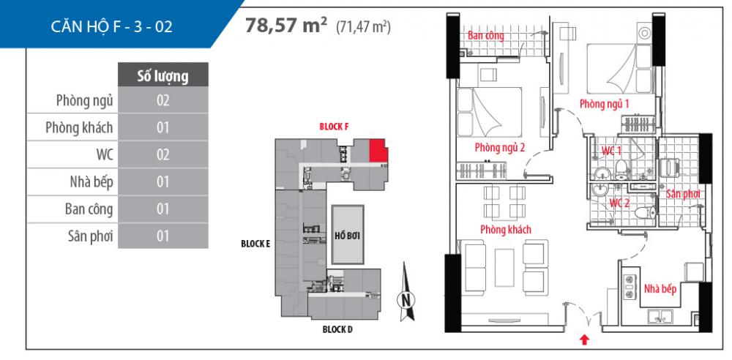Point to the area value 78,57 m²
[x=286, y=26]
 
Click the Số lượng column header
[x=163, y=75]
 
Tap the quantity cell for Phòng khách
[x=163, y=127]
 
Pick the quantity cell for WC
[x=163, y=154]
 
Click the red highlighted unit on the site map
[x=378, y=150]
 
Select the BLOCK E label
[x=255, y=244]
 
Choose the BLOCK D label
[x=337, y=329]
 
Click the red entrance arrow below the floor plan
[x=584, y=339]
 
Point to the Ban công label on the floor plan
[x=485, y=35]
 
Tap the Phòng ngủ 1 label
[x=605, y=105]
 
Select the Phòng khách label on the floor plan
[x=505, y=229]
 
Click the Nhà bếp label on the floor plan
[x=660, y=289]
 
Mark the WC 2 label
[x=620, y=203]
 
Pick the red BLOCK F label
[x=334, y=126]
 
